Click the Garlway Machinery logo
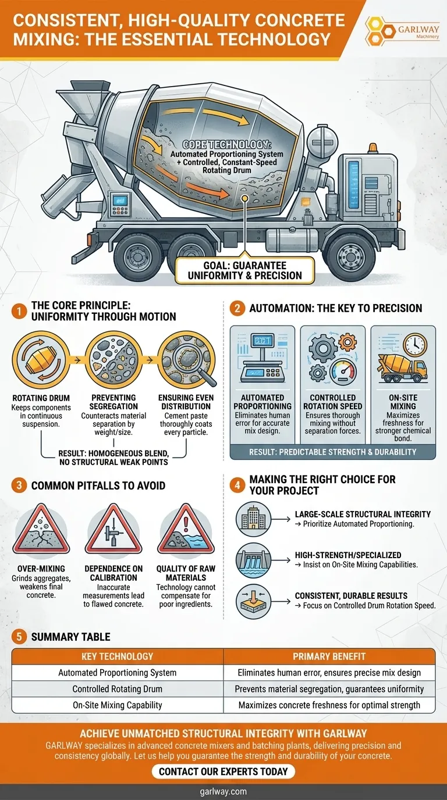pyautogui.click(x=403, y=32)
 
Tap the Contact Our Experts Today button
pyautogui.click(x=223, y=772)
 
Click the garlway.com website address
pyautogui.click(x=223, y=791)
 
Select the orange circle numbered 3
pyautogui.click(x=19, y=485)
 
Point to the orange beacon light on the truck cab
pyautogui.click(x=372, y=148)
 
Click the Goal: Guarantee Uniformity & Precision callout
pyautogui.click(x=244, y=270)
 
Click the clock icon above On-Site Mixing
pyautogui.click(x=415, y=345)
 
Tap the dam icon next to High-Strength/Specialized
pyautogui.click(x=253, y=560)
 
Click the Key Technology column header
pyautogui.click(x=118, y=656)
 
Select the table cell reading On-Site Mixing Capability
pyautogui.click(x=118, y=705)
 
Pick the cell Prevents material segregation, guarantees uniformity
pyautogui.click(x=329, y=689)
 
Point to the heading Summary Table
pyautogui.click(x=71, y=637)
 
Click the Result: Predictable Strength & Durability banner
pyautogui.click(x=332, y=452)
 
